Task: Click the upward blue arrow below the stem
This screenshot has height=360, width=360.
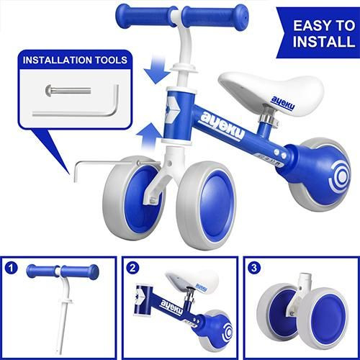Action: [153, 132]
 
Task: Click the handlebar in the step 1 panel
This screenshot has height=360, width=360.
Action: [62, 272]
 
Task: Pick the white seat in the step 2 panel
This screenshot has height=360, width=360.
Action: [192, 279]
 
